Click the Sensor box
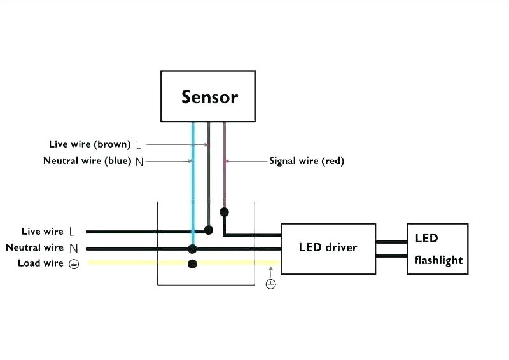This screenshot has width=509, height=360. click(x=209, y=96)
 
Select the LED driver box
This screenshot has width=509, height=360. click(x=328, y=248)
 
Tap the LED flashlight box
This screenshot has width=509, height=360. click(x=438, y=249)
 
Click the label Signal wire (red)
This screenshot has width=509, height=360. click(x=306, y=162)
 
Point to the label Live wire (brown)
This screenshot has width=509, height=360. click(x=90, y=144)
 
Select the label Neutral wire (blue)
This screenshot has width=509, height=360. click(x=87, y=161)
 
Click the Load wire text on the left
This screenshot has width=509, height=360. click(x=41, y=263)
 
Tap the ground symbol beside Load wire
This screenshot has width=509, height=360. click(x=74, y=264)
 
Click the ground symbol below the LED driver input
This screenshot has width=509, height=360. click(x=271, y=284)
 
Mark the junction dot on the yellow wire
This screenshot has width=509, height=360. click(x=192, y=263)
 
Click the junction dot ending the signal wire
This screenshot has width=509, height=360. click(x=224, y=211)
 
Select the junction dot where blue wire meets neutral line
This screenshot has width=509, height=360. click(x=192, y=249)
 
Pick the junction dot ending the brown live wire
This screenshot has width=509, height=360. click(x=208, y=230)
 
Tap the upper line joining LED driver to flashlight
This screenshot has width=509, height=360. click(x=391, y=242)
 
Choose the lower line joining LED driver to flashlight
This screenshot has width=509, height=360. click(x=391, y=256)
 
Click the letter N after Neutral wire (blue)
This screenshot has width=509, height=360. click(x=139, y=162)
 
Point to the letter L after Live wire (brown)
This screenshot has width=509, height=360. click(x=139, y=145)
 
